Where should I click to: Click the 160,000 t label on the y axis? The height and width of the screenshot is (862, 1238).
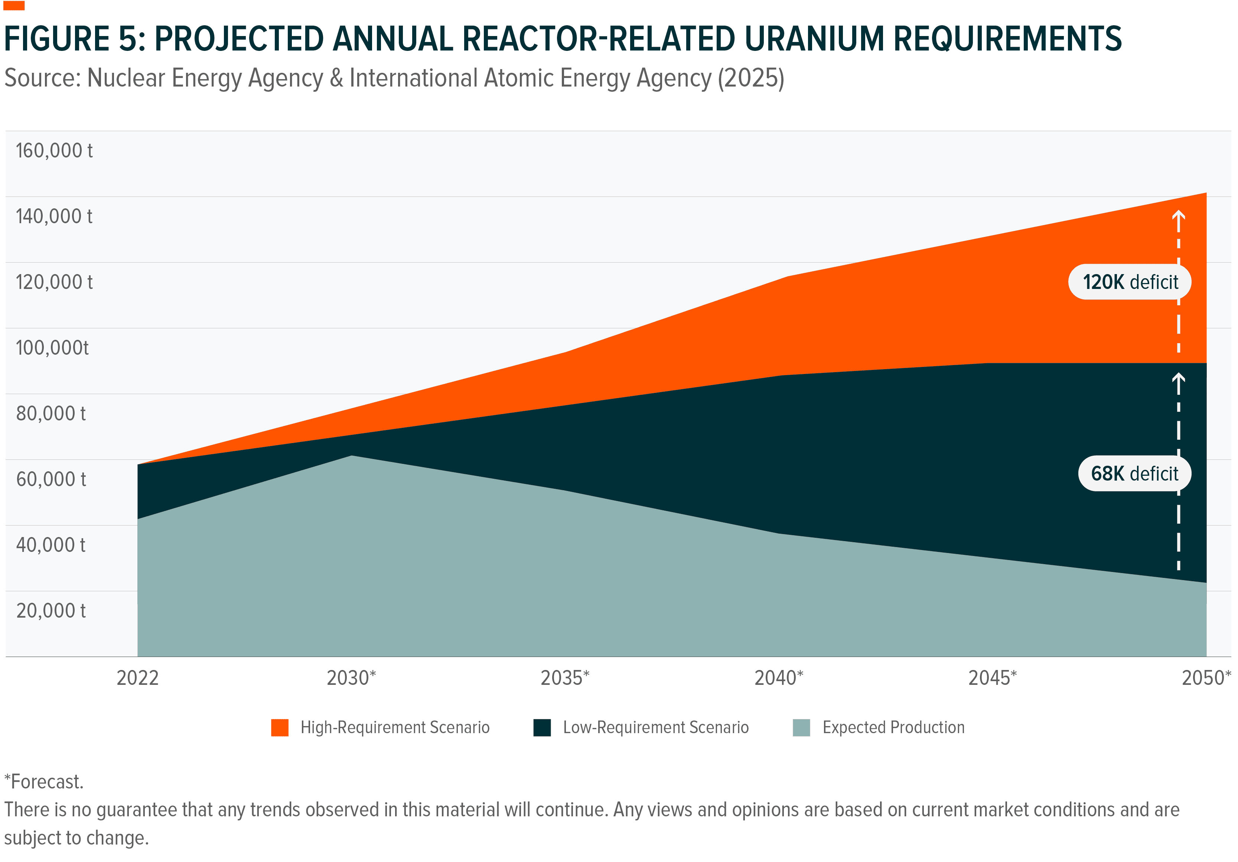pos(54,150)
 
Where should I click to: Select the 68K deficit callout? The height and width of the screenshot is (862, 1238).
pos(1134,474)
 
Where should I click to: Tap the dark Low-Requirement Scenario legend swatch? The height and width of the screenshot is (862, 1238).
pos(542,727)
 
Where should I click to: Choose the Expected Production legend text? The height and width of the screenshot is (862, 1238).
pos(893,727)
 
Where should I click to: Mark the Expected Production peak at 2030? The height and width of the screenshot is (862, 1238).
pos(351,456)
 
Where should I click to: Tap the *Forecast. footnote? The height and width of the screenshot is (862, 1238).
pos(44,782)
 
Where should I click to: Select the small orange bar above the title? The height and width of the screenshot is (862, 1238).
pos(14,6)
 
